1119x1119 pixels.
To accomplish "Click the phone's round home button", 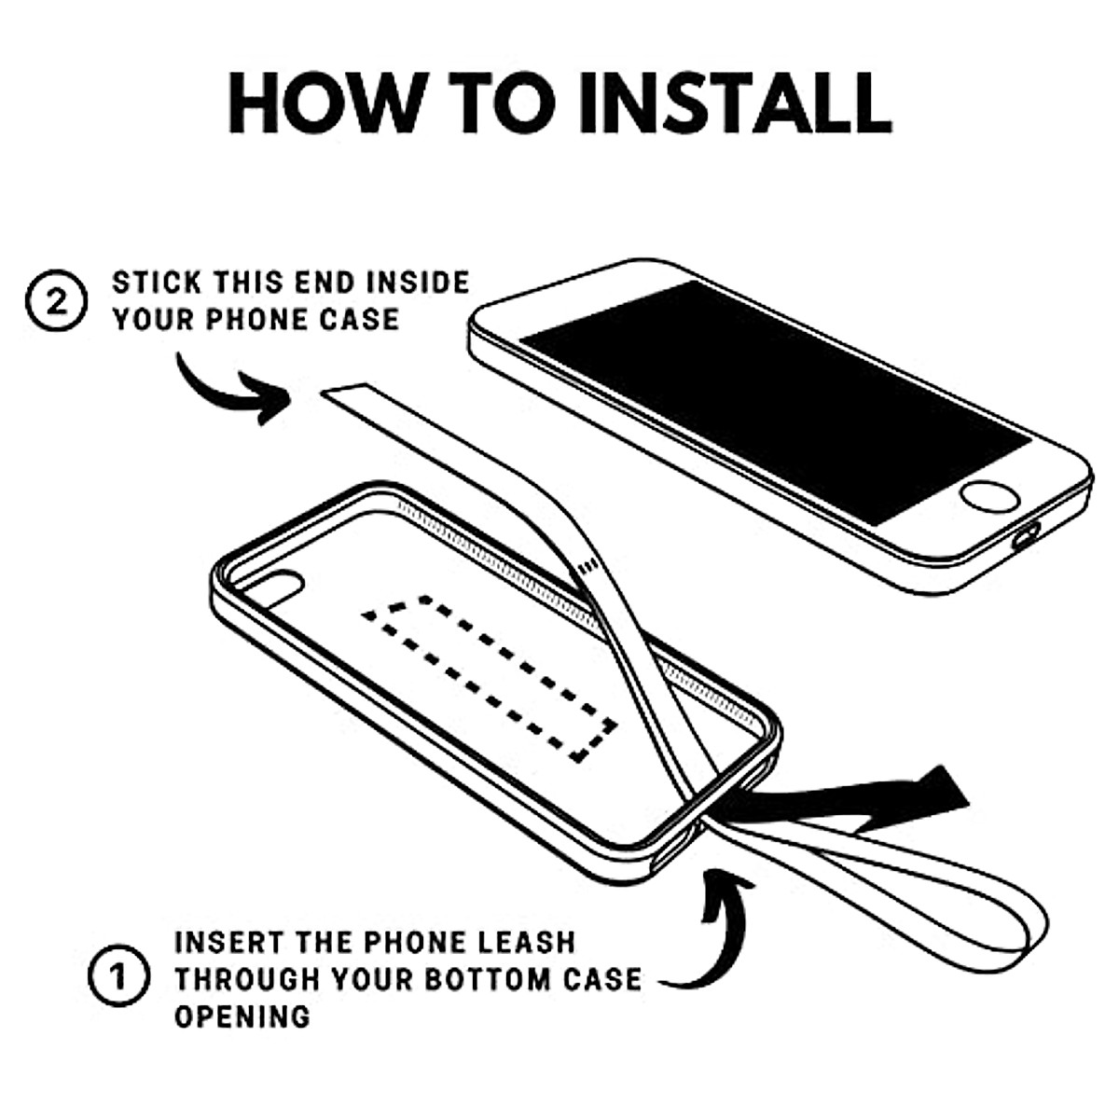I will pyautogui.click(x=989, y=496).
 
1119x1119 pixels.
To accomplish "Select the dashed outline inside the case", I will pyautogui.click(x=490, y=676).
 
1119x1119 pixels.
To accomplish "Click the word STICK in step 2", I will pyautogui.click(x=157, y=283).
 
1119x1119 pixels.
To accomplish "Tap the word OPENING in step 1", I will pyautogui.click(x=242, y=1015).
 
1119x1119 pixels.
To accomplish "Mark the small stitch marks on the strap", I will pyautogui.click(x=587, y=566).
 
